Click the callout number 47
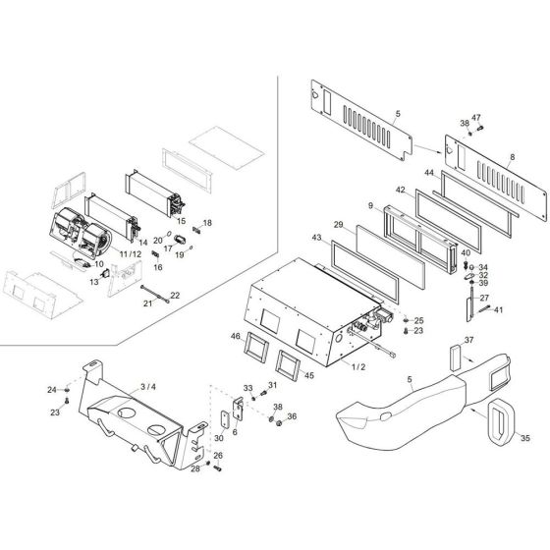(x=476, y=118)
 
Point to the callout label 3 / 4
(x=148, y=388)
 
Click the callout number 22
(x=175, y=296)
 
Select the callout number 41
(x=499, y=310)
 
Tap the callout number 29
(x=338, y=226)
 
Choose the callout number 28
(x=195, y=470)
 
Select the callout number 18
(x=207, y=224)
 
